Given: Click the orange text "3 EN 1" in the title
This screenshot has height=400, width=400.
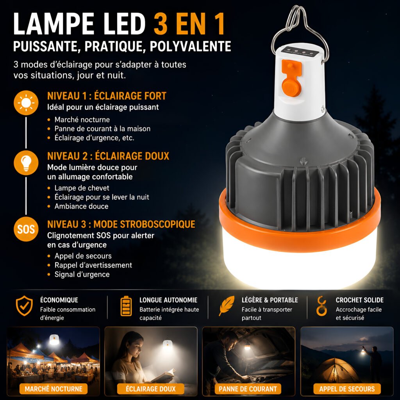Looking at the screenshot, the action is [189, 23].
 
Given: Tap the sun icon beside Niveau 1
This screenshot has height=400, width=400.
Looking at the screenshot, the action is [26, 103].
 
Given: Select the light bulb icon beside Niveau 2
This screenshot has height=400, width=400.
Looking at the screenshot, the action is [26, 163].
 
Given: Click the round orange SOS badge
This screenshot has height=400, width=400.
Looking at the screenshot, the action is [26, 229].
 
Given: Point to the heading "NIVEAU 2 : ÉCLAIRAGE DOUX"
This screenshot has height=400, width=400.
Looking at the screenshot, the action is [108, 156].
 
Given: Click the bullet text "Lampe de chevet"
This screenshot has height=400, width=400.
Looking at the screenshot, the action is [82, 188].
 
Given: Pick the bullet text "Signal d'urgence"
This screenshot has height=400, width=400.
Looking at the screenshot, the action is [82, 275].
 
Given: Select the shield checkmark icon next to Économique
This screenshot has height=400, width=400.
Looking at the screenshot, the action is [24, 306].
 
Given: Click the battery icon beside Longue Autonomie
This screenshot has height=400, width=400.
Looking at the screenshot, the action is [126, 306].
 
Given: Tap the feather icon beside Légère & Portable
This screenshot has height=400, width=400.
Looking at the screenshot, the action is [227, 306].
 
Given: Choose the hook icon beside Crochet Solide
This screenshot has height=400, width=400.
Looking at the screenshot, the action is [321, 306].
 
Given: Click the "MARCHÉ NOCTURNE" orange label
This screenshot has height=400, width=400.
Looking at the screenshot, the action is [54, 389].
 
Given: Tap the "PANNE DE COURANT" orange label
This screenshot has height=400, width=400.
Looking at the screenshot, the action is [248, 389].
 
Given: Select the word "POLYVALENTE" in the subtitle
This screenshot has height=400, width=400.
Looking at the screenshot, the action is [190, 46].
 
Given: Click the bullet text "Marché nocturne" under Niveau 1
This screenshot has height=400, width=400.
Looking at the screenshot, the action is [82, 120].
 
